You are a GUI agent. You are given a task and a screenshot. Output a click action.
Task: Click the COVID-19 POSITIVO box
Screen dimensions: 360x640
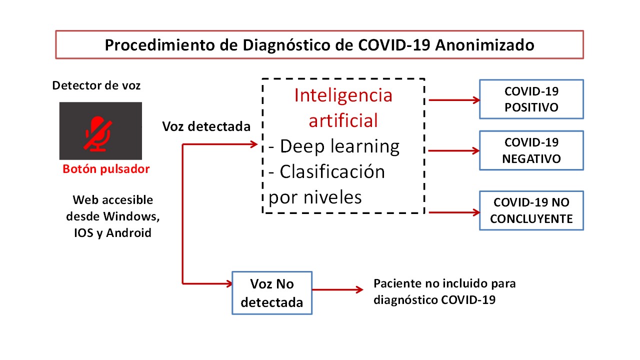pos(531,99)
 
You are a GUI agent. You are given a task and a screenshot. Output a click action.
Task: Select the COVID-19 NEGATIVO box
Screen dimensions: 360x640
pos(531,150)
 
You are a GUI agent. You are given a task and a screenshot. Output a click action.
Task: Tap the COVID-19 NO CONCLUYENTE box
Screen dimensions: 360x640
pos(531,210)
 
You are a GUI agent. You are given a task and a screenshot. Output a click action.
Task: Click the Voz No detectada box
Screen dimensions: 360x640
pos(272,293)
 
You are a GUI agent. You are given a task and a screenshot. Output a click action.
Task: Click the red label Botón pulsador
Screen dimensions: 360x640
pos(106,169)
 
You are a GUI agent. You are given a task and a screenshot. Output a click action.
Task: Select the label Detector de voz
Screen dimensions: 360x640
pos(96,85)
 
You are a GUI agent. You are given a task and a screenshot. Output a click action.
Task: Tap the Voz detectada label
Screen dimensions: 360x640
pos(206,126)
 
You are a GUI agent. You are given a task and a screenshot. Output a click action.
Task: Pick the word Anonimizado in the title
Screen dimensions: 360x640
pos(484,45)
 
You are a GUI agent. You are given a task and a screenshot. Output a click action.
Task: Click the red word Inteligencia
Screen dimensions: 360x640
pos(343,95)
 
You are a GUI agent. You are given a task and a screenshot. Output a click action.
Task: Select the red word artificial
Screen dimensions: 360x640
pos(343,120)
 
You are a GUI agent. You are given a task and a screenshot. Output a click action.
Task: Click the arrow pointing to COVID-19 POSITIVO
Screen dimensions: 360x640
pos(454,100)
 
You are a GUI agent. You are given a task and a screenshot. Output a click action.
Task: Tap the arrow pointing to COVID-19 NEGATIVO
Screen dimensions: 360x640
pos(454,150)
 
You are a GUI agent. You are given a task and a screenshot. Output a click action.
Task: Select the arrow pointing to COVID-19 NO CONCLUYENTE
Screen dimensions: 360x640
pos(454,212)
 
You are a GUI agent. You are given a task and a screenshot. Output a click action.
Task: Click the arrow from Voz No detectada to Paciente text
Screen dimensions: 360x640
pos(337,289)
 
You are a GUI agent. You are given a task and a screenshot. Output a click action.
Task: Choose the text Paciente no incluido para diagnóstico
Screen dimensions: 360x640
pos(444,291)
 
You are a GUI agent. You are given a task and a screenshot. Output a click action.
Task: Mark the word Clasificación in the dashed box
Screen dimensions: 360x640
pos(332,171)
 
